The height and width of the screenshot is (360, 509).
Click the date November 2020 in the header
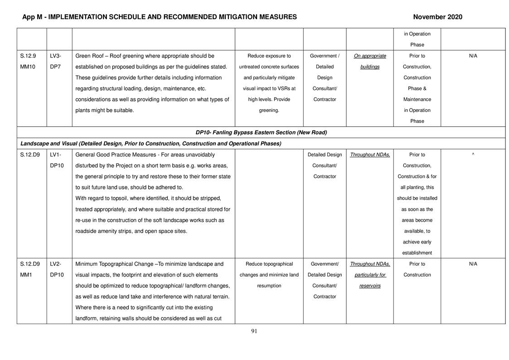click(437, 17)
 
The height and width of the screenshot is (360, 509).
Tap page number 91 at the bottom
click(254, 331)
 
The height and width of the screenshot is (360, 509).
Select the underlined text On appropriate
click(370, 56)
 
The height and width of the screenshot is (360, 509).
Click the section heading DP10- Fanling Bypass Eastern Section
click(261, 132)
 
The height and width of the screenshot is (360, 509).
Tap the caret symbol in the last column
click(473, 155)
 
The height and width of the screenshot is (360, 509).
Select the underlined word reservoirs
click(370, 286)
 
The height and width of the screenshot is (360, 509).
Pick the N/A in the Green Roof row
click(473, 56)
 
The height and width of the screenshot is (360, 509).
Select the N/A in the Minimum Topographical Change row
click(473, 264)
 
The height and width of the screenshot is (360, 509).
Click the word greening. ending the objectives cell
click(269, 110)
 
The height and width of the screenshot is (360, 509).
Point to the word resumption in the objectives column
click(269, 286)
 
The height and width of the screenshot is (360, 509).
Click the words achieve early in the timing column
click(417, 242)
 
